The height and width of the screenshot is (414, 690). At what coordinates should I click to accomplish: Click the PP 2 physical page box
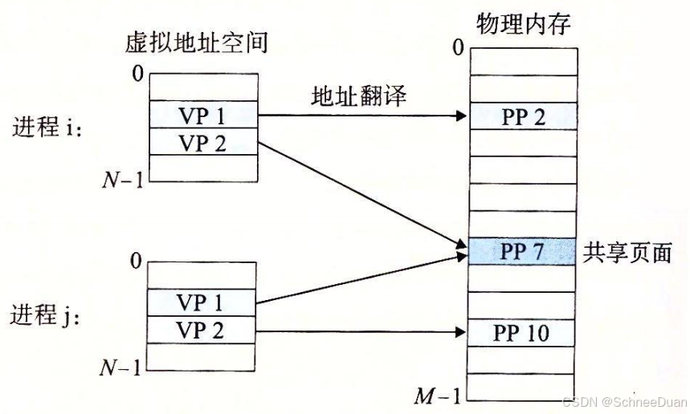(x=523, y=116)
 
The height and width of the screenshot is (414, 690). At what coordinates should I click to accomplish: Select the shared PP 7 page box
(x=523, y=252)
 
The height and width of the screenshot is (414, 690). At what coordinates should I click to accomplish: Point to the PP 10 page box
(x=523, y=332)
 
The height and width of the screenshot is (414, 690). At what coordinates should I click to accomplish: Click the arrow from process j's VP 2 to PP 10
(x=361, y=330)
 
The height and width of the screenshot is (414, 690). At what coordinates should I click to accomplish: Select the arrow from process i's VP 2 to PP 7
(x=361, y=193)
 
